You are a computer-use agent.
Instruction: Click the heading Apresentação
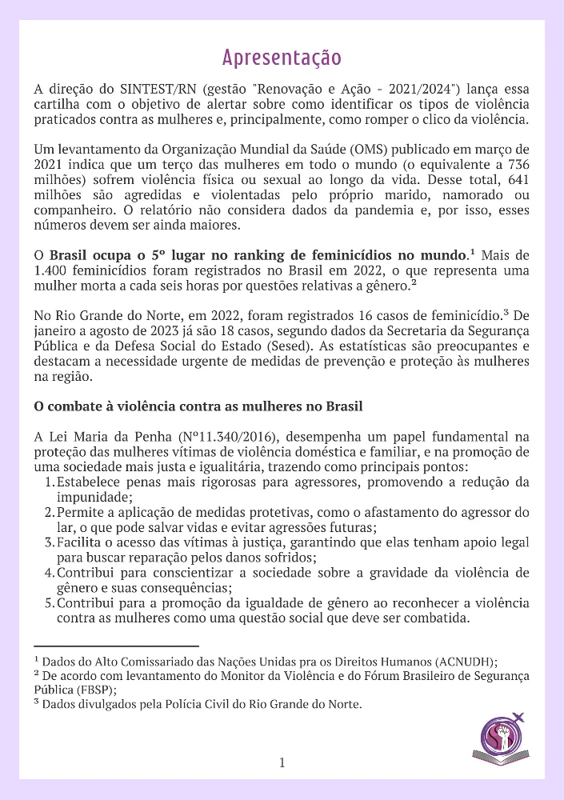coord(282,58)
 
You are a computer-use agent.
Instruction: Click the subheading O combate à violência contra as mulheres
coord(198,406)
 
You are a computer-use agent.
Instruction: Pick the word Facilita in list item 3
coord(82,542)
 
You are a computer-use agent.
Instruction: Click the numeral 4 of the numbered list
coord(49,573)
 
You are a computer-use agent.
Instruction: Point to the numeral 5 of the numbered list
coord(49,603)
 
